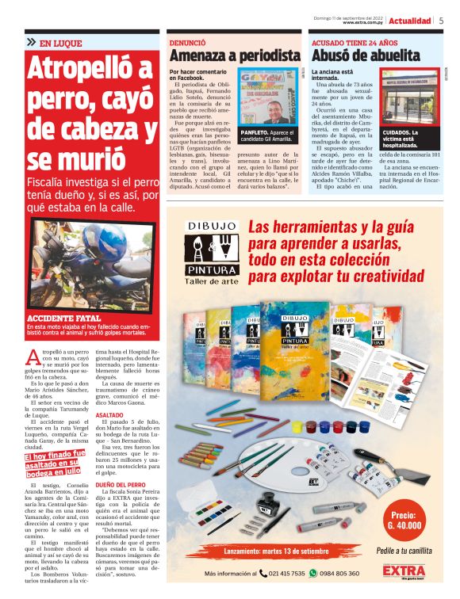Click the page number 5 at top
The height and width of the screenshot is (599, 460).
441,21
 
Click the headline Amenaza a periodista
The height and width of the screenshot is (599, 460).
235,55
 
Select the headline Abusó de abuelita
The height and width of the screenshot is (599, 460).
366,55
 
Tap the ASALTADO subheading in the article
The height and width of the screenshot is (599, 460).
109,414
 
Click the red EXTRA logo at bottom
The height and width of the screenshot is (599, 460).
403,572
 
